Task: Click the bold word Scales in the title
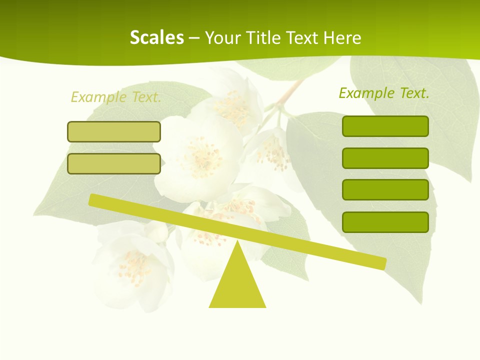click(x=156, y=37)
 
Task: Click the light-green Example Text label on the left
click(x=116, y=97)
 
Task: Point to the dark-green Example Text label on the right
click(x=384, y=93)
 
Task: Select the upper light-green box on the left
click(x=114, y=131)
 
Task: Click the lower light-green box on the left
click(x=114, y=163)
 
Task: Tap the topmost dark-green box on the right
click(x=385, y=126)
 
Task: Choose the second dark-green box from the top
click(x=385, y=158)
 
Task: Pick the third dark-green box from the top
click(x=385, y=190)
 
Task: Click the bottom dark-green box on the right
click(x=385, y=222)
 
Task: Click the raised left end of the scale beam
click(x=95, y=200)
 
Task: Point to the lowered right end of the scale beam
click(x=380, y=263)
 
